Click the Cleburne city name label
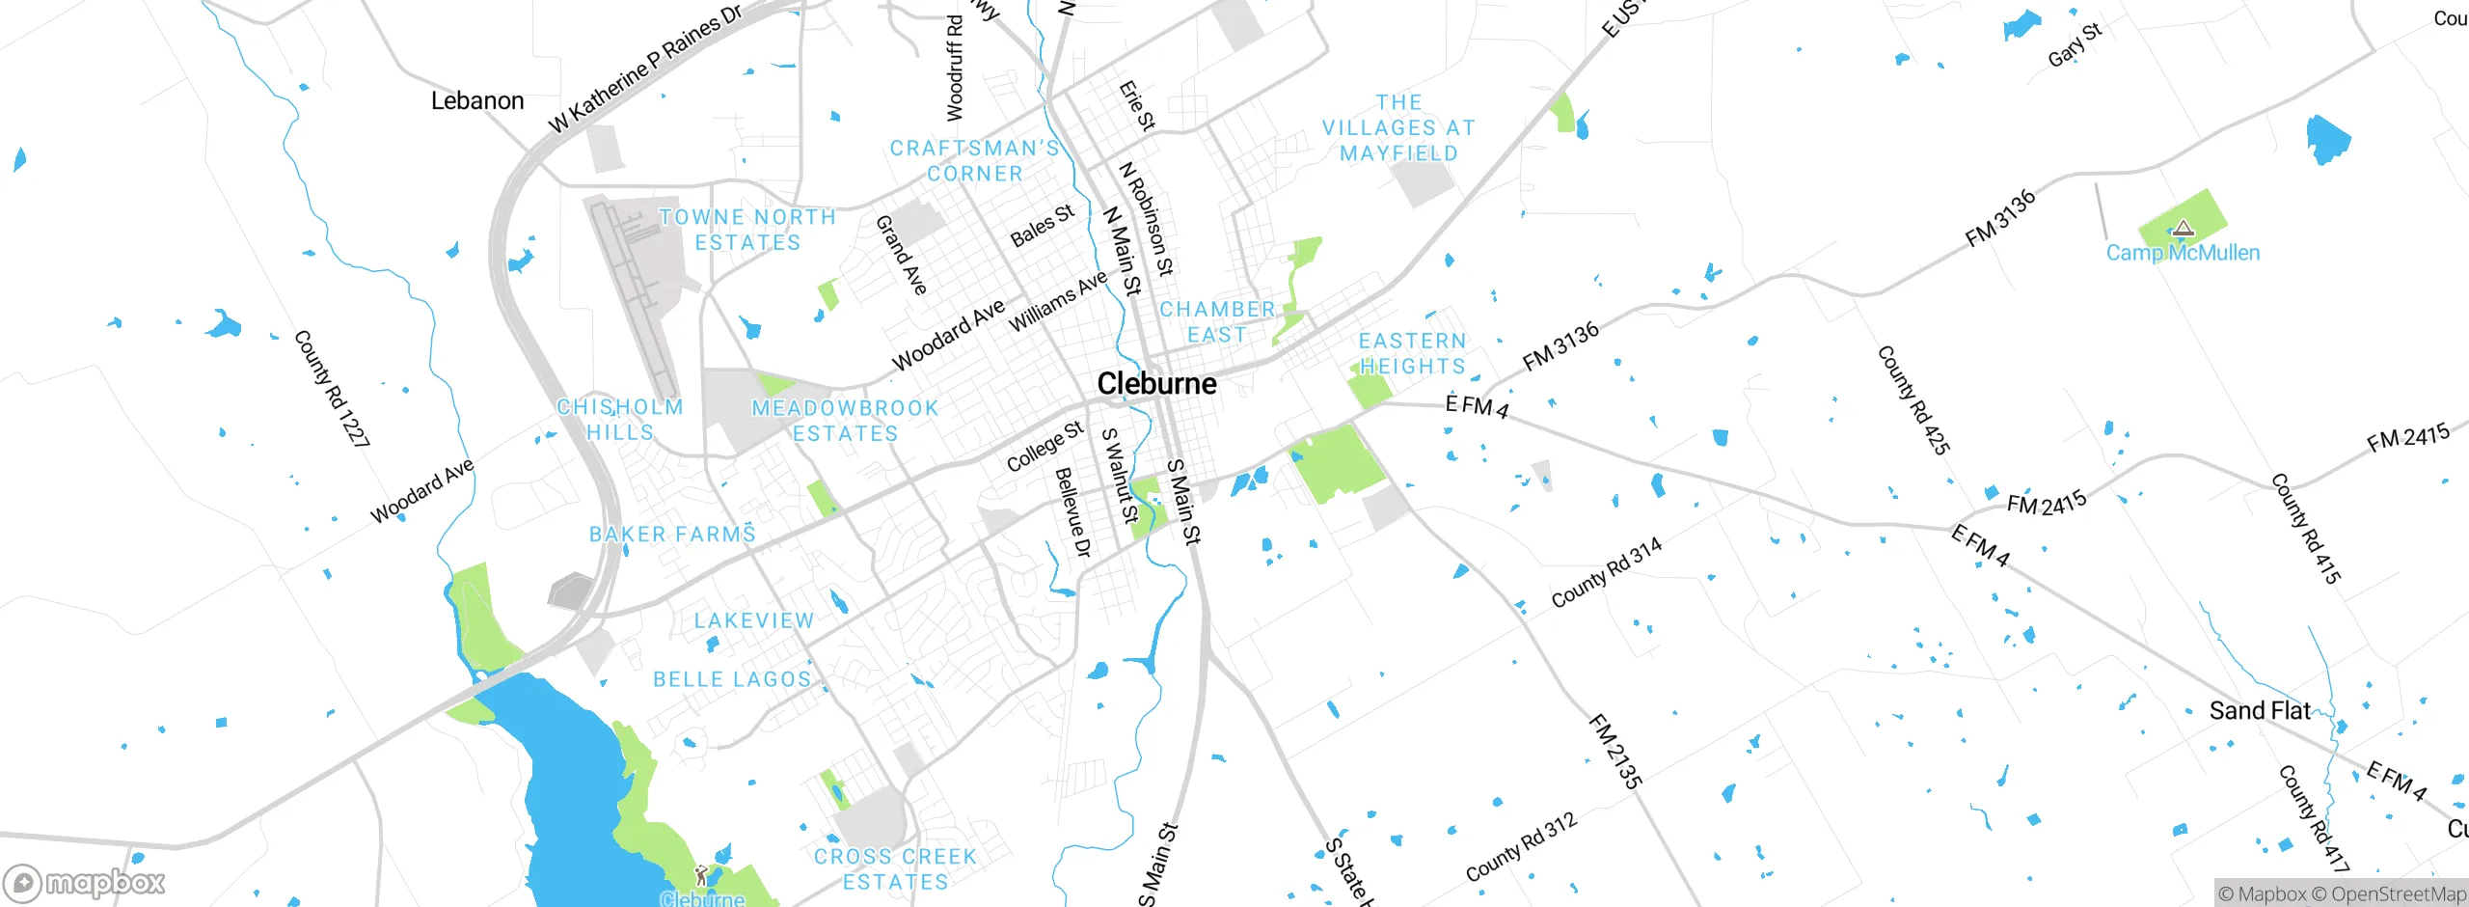point(1156,384)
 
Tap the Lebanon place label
point(477,100)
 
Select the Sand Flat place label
point(2260,711)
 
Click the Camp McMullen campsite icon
point(2184,229)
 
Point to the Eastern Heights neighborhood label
point(1412,354)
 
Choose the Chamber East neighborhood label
point(1217,322)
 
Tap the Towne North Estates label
point(747,230)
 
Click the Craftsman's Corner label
point(974,161)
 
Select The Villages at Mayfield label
point(1398,127)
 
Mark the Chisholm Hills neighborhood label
point(620,420)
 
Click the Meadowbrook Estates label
point(845,421)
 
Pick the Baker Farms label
point(672,535)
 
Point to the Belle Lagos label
point(732,679)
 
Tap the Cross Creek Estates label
point(895,868)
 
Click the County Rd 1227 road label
point(331,388)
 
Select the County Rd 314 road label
point(1606,573)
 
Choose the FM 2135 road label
point(1614,752)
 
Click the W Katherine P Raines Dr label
point(645,69)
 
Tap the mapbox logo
point(85,883)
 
